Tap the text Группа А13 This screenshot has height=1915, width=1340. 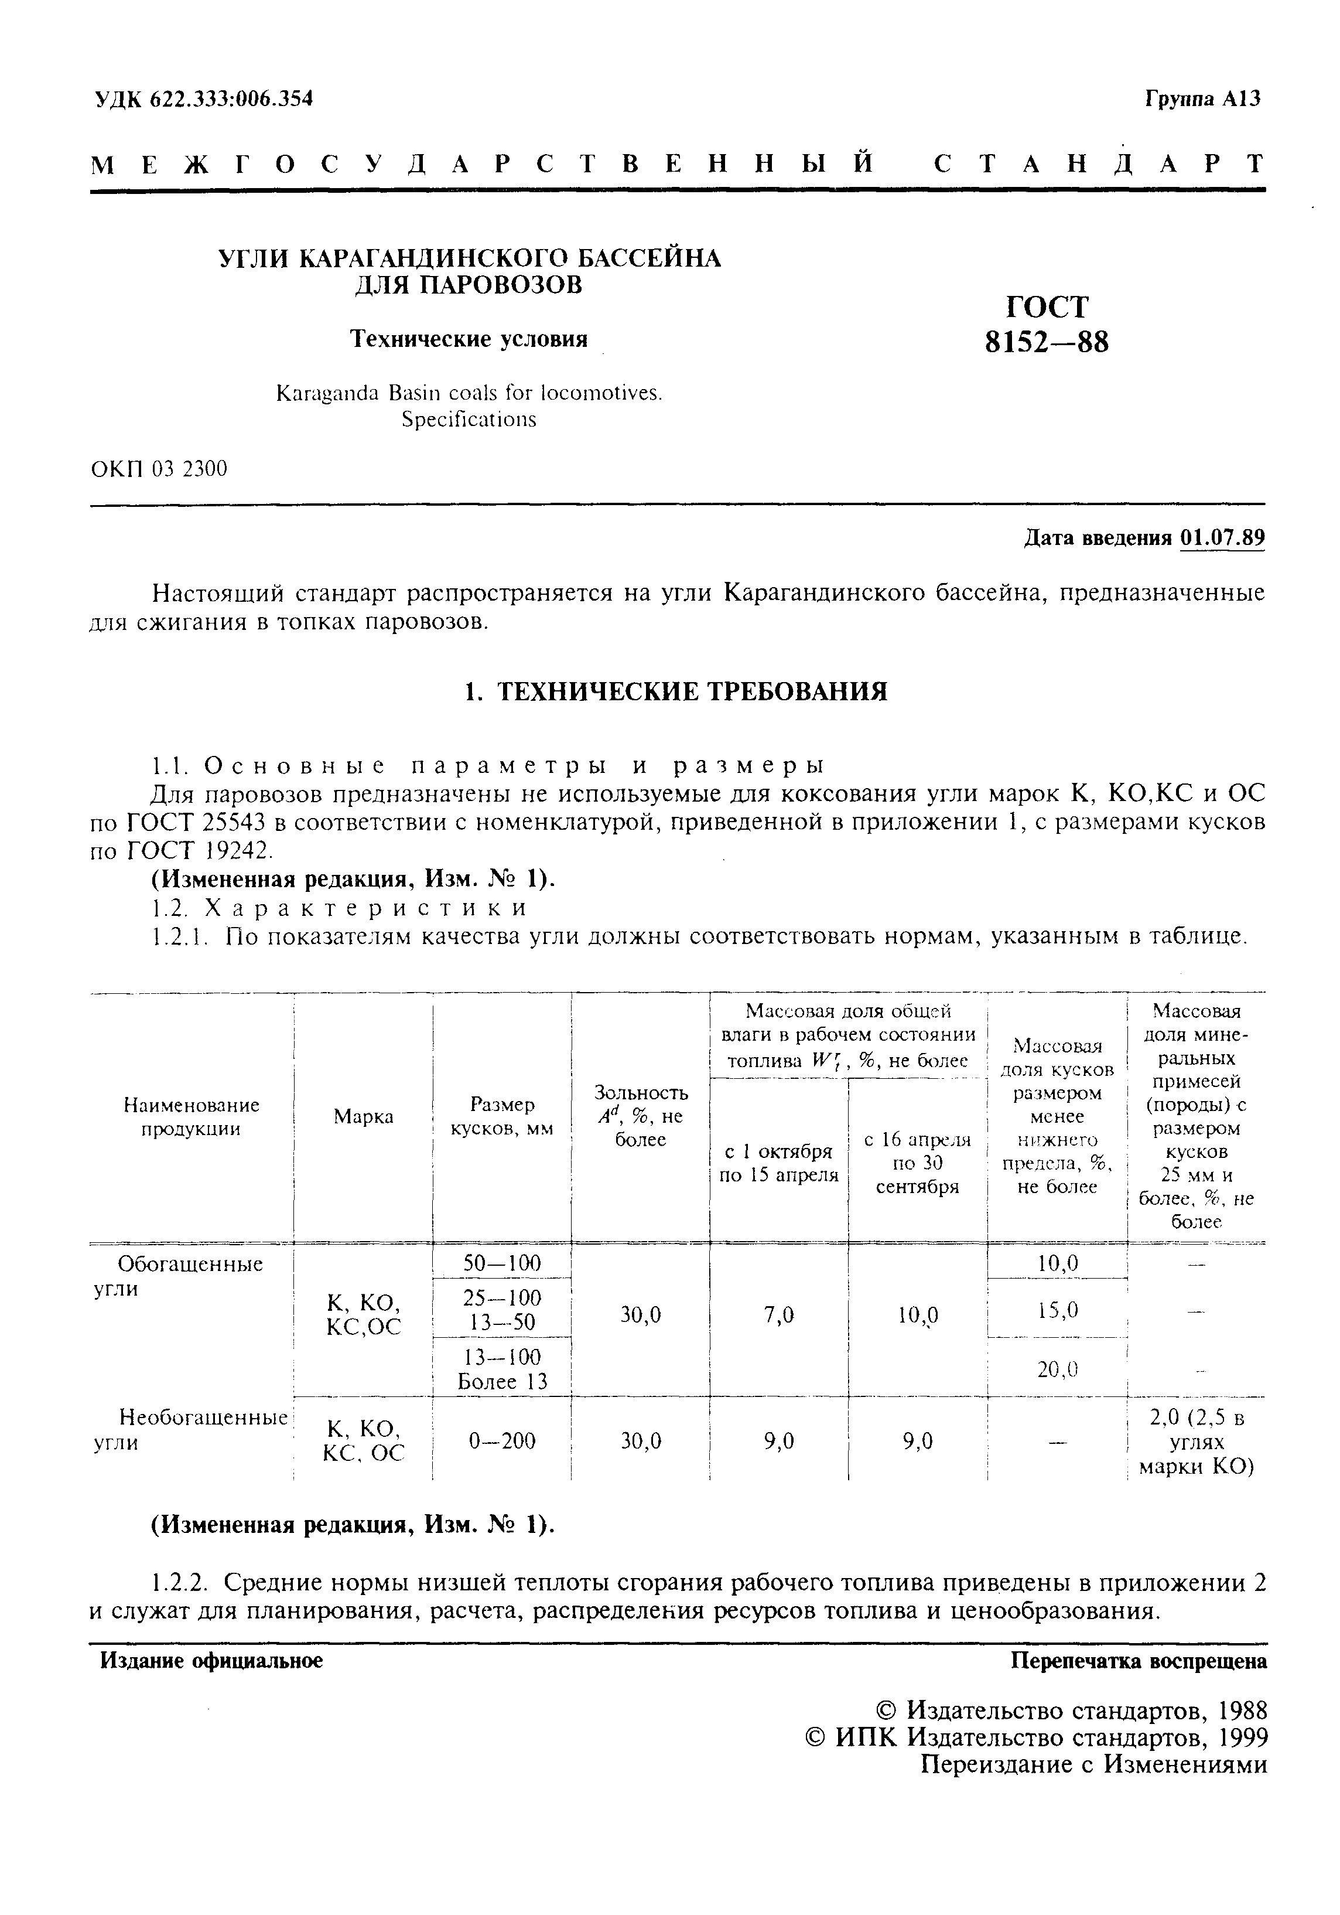1202,99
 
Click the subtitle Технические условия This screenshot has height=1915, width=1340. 468,339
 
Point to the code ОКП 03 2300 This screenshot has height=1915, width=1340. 159,469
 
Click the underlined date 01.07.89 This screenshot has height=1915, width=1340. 1222,538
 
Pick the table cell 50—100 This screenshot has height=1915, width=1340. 501,1263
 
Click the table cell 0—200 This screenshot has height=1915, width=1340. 501,1440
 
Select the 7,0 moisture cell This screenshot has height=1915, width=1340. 778,1316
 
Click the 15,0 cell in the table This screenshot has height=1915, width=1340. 1057,1310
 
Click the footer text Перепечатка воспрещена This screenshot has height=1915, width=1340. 1138,1661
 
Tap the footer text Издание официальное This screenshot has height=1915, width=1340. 211,1661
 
